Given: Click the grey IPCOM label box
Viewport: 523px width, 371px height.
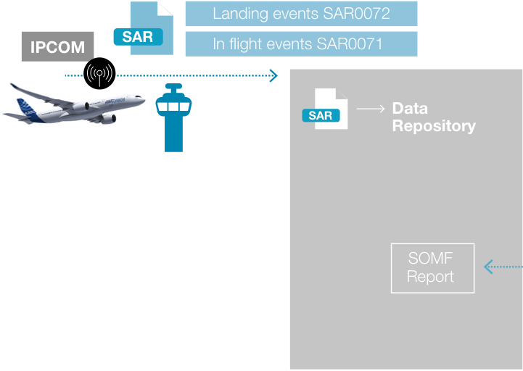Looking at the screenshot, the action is point(58,46).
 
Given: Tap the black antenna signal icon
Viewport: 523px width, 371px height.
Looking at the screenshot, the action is point(99,73).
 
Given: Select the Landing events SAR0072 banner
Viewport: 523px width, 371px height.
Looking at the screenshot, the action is point(301,14).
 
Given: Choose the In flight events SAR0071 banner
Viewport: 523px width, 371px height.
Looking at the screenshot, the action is point(301,44).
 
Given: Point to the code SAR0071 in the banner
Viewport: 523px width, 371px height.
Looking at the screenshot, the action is point(349,44).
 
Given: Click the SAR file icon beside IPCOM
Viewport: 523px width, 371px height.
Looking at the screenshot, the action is point(144,28).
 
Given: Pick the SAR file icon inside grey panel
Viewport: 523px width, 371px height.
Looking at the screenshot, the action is point(325,109).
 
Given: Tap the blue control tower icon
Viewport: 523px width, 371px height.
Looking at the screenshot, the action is point(173,117).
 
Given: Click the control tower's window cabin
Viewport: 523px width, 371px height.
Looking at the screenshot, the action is point(173,106).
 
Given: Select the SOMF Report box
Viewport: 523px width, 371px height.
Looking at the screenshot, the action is point(432,268).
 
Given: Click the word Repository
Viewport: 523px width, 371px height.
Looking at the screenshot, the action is point(434,126).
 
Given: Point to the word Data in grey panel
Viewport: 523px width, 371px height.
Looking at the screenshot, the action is point(410,109).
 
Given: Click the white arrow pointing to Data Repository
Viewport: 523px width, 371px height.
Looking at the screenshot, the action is point(371,109).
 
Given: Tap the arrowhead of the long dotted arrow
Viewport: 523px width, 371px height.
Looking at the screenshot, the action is point(273,75).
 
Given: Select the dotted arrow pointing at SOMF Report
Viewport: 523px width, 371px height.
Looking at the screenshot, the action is point(503,267).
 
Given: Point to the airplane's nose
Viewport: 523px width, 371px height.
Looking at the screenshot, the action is point(143,99).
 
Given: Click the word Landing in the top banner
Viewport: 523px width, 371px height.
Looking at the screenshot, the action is point(240,14).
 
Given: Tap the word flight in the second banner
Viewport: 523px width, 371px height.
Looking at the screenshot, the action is point(246,45).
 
